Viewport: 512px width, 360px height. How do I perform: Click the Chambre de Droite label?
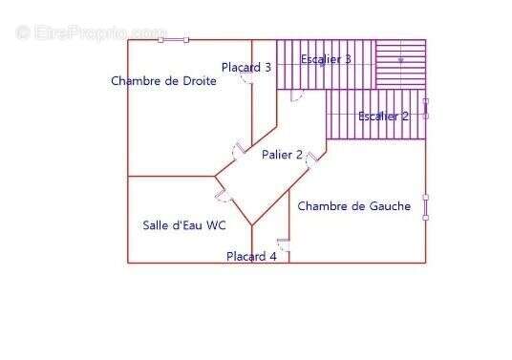(x=163, y=81)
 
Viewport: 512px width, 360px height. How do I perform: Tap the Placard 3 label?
(x=246, y=67)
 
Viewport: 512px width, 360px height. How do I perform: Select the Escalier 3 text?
(x=326, y=59)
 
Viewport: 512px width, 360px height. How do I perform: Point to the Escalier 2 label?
(x=383, y=116)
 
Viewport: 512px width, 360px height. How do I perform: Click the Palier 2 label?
(x=282, y=155)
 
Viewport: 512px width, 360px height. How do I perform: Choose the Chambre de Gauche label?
(x=354, y=205)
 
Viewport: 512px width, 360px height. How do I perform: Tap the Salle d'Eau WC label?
(x=183, y=225)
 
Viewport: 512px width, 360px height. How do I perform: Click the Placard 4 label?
(x=251, y=256)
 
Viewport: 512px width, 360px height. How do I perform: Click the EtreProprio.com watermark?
(x=91, y=32)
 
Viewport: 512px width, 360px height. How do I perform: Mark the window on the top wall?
(x=174, y=40)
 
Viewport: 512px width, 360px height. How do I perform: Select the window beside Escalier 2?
(x=426, y=108)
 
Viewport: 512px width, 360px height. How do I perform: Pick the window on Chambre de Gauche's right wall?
(x=426, y=205)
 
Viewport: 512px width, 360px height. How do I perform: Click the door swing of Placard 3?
(x=247, y=81)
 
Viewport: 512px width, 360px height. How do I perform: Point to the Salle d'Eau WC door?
(x=223, y=195)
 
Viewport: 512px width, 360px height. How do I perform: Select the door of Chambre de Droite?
(x=236, y=151)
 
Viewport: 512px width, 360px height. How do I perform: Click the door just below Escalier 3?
(x=296, y=95)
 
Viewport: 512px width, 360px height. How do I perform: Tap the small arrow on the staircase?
(x=401, y=60)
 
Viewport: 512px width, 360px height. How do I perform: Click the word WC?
(x=216, y=225)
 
